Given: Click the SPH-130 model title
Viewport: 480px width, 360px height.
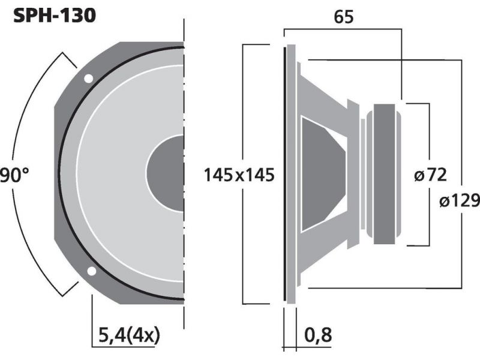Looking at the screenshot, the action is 55,16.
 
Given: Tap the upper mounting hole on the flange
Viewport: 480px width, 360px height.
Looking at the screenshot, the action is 88,79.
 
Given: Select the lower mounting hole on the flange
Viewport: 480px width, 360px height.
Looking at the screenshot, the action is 92,271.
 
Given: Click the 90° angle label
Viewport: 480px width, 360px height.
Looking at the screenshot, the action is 14,175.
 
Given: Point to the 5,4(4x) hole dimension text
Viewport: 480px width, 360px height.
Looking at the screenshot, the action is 129,335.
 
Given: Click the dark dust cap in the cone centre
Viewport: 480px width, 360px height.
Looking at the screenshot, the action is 166,173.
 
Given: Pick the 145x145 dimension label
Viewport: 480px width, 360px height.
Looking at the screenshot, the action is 239,175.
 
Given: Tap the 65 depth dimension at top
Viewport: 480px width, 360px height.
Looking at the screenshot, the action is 343,17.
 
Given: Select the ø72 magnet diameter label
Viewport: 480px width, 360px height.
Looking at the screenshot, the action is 430,175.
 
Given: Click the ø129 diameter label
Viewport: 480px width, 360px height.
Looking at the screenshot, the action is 460,200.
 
